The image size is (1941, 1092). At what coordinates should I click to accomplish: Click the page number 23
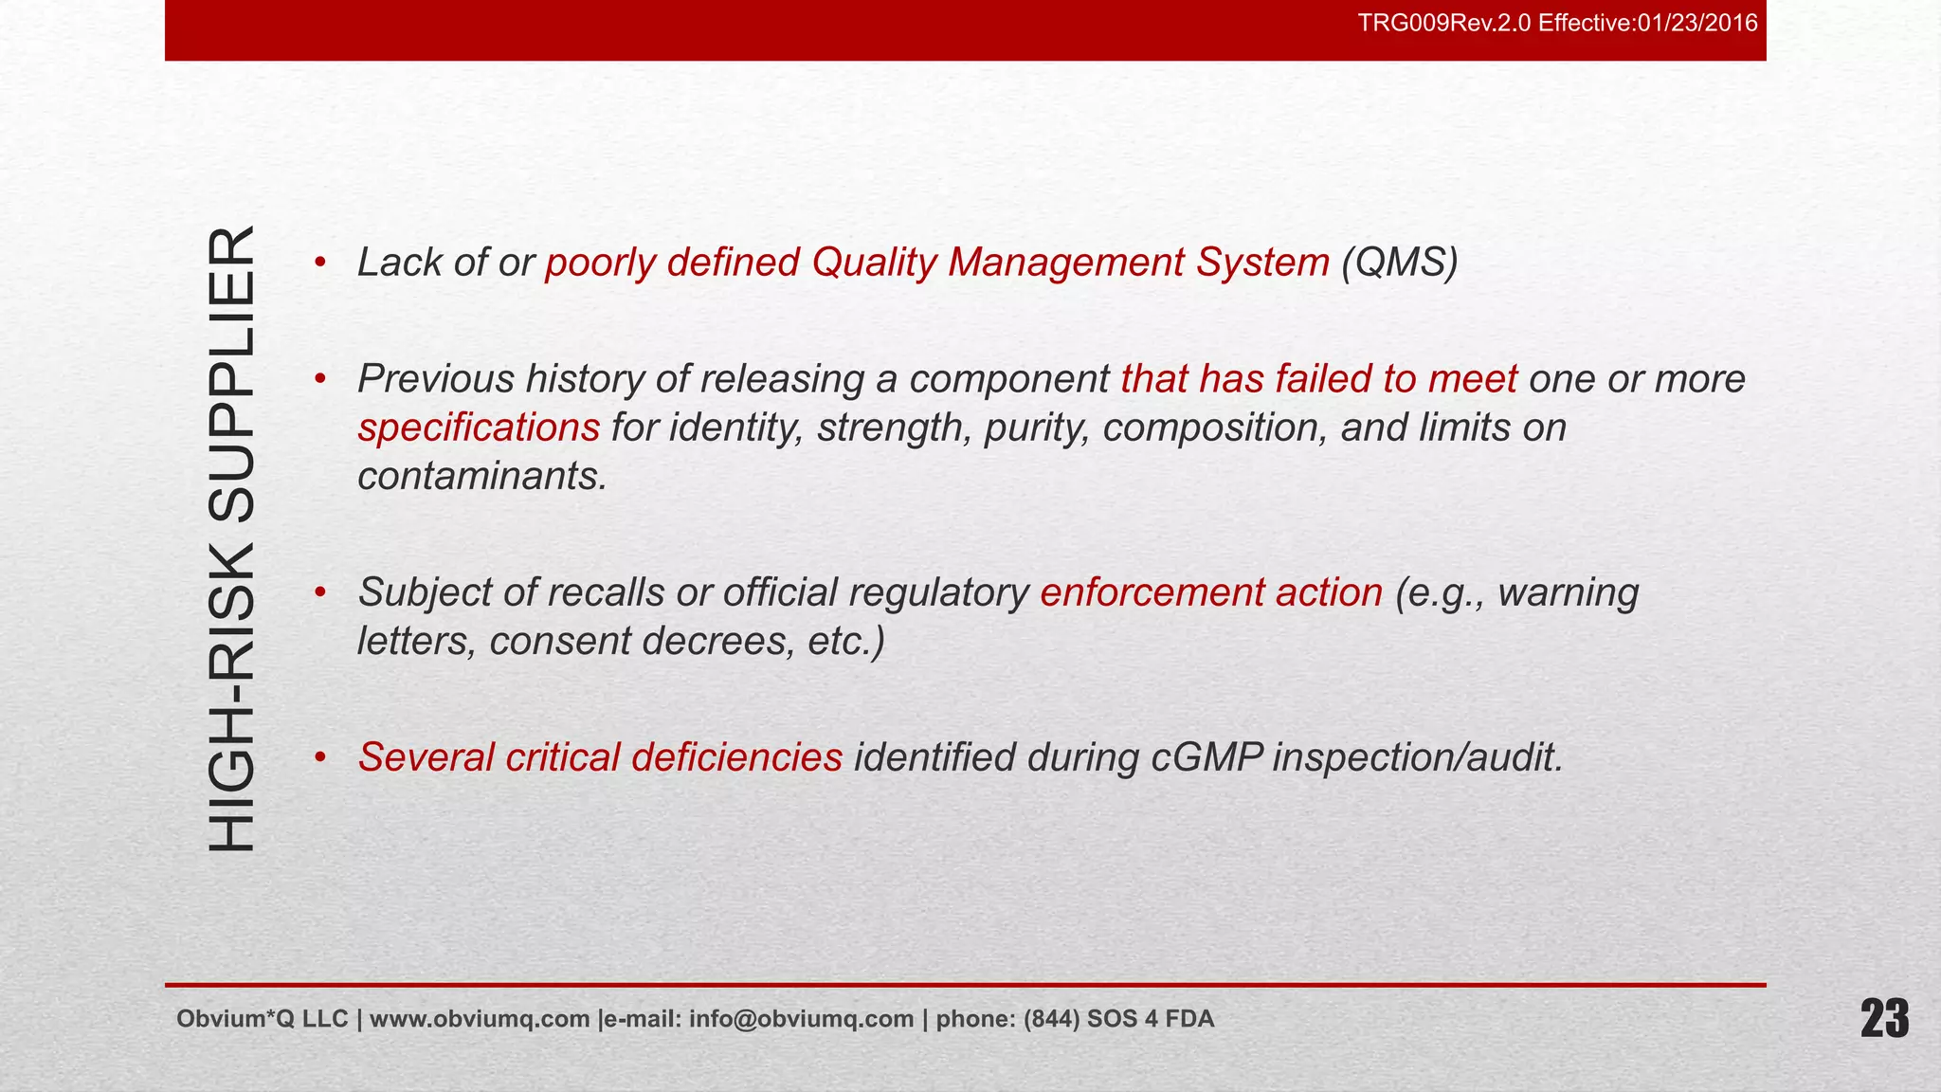[x=1884, y=1020]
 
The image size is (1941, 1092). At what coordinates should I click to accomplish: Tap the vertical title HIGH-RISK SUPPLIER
[x=231, y=537]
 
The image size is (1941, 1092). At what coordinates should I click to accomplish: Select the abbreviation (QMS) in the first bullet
[x=1399, y=263]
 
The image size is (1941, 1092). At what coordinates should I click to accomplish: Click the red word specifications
[x=479, y=428]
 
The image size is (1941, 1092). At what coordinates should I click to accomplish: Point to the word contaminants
[x=481, y=476]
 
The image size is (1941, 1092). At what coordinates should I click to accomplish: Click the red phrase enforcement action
[x=1211, y=592]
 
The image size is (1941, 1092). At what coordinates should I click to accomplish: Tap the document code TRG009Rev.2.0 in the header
[x=1444, y=23]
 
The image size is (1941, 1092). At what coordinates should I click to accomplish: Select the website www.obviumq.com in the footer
[x=480, y=1019]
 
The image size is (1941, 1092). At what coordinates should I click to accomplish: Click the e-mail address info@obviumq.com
[x=801, y=1019]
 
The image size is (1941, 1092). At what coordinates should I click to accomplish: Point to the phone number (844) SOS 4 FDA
[x=1118, y=1019]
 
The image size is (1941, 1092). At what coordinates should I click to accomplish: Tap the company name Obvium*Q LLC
[x=263, y=1019]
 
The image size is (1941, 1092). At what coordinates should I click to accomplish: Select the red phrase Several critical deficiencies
[x=600, y=757]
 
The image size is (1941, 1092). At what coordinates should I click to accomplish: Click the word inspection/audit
[x=1417, y=757]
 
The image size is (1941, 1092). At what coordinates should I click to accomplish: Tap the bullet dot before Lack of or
[x=320, y=263]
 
